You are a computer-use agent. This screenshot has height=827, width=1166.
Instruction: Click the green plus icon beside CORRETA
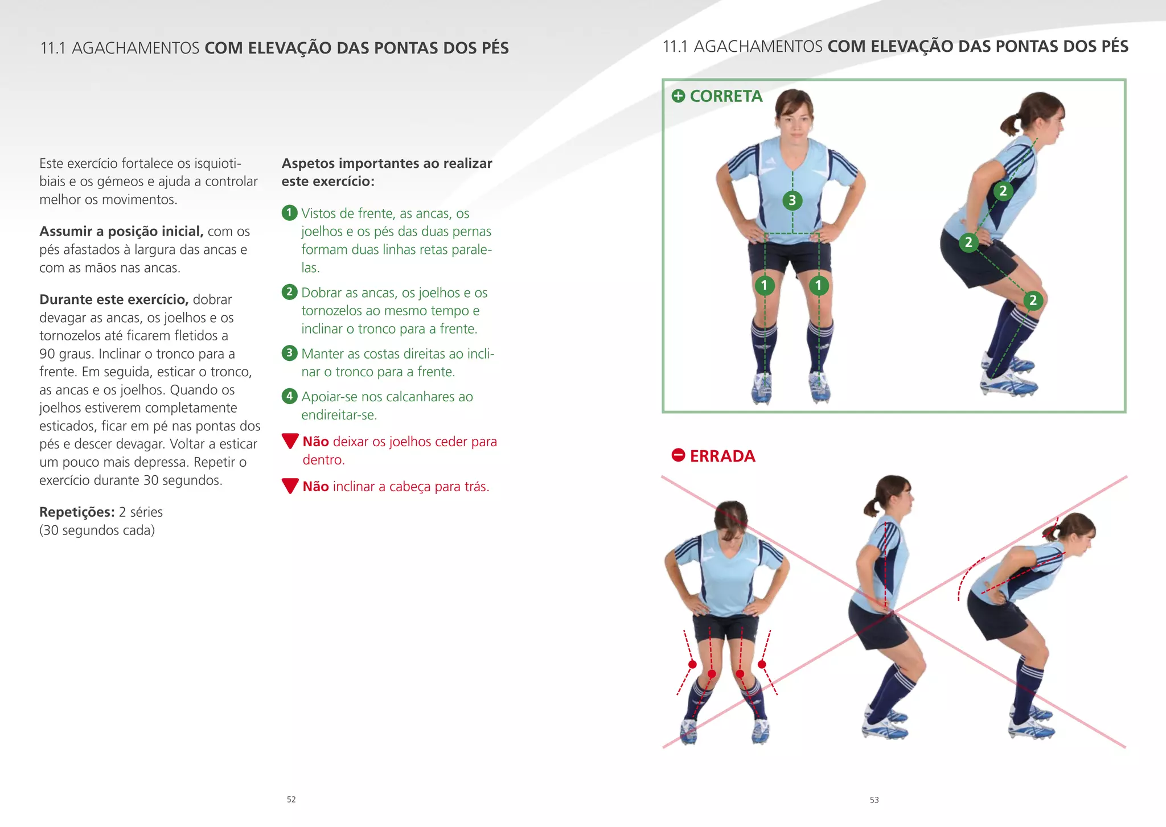(678, 96)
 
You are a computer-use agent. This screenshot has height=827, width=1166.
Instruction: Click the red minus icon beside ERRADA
(678, 455)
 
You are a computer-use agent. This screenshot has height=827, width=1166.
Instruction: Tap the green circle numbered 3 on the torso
(792, 200)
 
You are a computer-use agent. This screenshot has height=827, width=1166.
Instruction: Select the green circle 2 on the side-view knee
(1033, 301)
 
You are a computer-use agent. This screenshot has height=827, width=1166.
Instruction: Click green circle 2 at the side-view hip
(968, 242)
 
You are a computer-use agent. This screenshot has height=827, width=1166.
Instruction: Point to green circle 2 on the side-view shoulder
(1003, 191)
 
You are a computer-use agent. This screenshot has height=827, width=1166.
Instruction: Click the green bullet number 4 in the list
(289, 396)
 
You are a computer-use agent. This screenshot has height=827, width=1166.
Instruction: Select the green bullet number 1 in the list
(289, 213)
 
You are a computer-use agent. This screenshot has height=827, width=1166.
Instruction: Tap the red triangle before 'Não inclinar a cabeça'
(290, 485)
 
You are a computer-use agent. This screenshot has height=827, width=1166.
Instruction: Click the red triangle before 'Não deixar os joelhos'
(290, 441)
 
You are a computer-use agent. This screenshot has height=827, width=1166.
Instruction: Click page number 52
(291, 799)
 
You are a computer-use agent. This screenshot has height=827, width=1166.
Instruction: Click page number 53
(874, 800)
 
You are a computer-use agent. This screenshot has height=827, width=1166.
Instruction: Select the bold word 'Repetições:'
(77, 512)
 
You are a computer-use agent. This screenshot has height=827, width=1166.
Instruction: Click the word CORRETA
(726, 96)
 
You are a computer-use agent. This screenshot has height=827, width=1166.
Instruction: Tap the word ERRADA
(722, 456)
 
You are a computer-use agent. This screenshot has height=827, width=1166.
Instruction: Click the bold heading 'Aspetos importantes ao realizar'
(387, 163)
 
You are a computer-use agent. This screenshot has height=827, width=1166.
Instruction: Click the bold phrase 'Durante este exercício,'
(114, 299)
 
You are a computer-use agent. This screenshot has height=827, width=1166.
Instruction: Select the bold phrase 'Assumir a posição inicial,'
(121, 231)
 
